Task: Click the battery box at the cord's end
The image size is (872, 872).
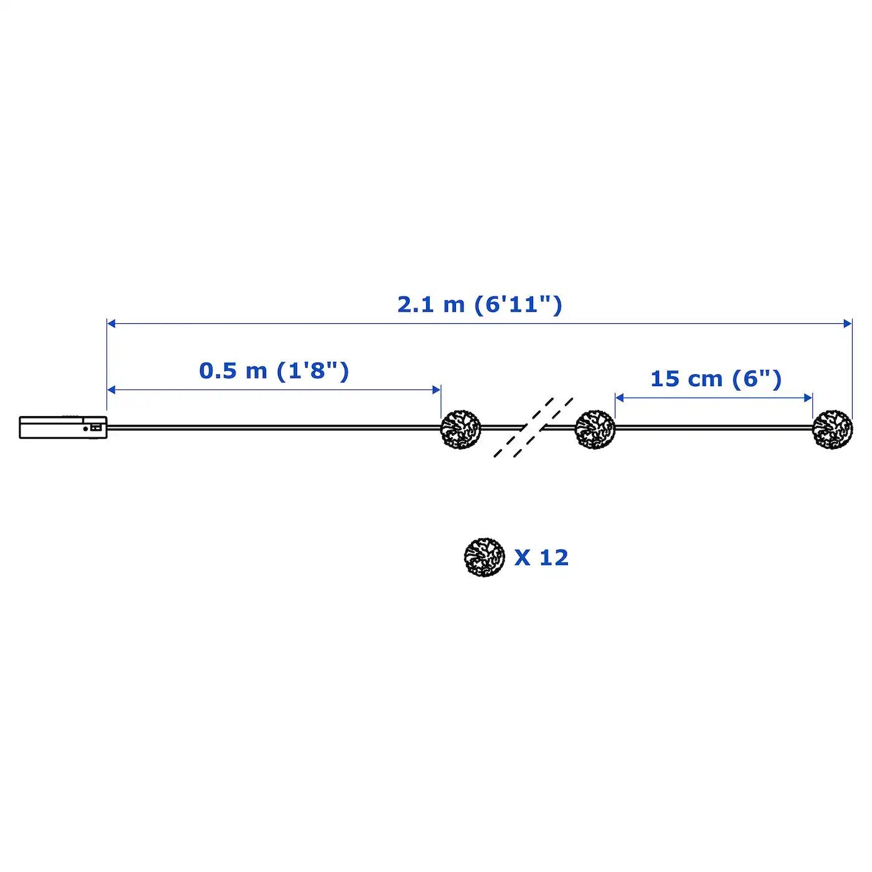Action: pyautogui.click(x=63, y=427)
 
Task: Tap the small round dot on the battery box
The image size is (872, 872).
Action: pyautogui.click(x=85, y=428)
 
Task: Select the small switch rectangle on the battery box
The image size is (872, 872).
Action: pyautogui.click(x=95, y=427)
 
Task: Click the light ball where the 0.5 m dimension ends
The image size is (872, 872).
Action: pyautogui.click(x=461, y=429)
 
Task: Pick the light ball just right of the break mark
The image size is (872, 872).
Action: pyautogui.click(x=595, y=429)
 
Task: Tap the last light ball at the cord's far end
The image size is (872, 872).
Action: pyautogui.click(x=832, y=429)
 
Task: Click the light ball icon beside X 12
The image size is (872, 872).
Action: pyautogui.click(x=484, y=557)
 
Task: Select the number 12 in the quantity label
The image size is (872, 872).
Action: pyautogui.click(x=554, y=557)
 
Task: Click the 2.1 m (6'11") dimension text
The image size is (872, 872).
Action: pyautogui.click(x=480, y=305)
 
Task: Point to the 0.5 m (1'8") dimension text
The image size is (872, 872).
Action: pyautogui.click(x=274, y=371)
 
